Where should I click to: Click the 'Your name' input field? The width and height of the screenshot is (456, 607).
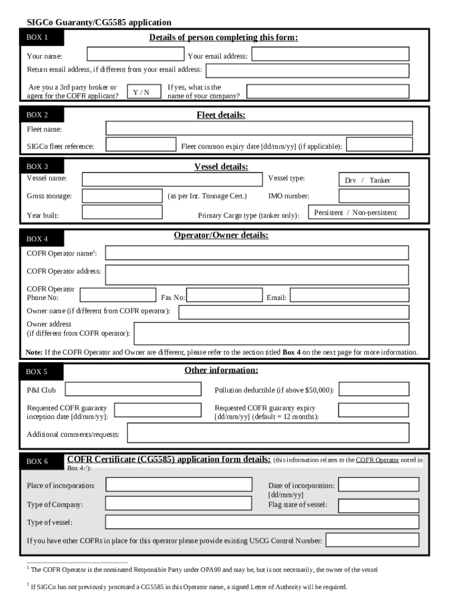tap(135, 55)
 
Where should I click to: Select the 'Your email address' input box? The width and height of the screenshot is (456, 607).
tap(329, 55)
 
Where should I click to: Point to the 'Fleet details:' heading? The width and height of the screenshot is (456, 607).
tap(221, 115)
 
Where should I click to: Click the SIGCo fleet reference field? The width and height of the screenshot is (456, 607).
tap(140, 145)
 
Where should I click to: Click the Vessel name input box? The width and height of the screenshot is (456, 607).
tap(172, 179)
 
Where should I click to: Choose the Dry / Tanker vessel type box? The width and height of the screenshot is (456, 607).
tap(368, 180)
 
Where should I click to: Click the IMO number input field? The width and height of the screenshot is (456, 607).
tap(361, 196)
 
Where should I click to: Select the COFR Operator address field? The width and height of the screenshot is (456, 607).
tap(256, 274)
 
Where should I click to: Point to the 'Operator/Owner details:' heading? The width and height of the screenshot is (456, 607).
tap(221, 235)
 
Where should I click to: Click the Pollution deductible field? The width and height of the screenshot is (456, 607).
tap(373, 389)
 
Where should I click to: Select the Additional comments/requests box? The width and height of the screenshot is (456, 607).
tap(268, 433)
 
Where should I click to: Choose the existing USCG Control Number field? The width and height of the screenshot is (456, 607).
tap(372, 540)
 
